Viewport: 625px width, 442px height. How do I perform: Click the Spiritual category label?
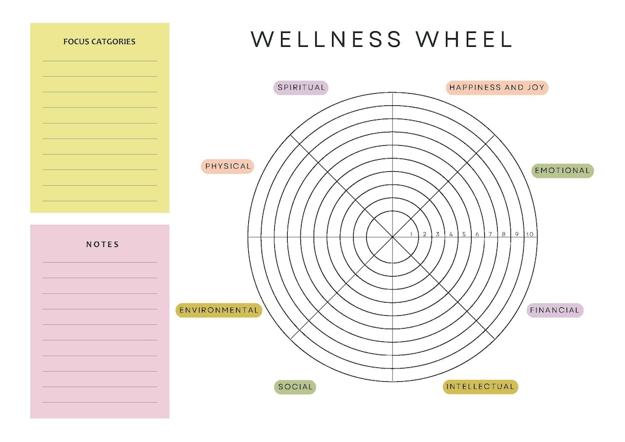[301, 88]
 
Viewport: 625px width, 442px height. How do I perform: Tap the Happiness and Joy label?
[497, 88]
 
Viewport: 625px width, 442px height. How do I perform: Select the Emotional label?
[562, 171]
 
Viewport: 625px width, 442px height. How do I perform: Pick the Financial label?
[555, 310]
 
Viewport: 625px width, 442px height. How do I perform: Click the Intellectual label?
[480, 386]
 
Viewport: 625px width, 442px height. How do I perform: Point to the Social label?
[295, 387]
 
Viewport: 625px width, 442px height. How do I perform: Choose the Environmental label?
[219, 310]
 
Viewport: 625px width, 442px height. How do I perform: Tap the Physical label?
[227, 166]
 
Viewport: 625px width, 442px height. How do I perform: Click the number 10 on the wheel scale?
[530, 234]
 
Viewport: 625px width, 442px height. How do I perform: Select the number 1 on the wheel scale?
[411, 234]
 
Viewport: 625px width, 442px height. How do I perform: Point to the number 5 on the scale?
[464, 234]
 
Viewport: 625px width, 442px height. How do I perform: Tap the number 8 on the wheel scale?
[503, 234]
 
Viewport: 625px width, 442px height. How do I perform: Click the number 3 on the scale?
[437, 234]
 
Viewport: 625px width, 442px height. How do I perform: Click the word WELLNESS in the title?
[326, 39]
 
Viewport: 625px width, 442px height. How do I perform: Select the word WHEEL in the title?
[464, 39]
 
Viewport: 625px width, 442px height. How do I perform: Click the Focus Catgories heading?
[100, 42]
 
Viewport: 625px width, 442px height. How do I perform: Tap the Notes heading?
[102, 244]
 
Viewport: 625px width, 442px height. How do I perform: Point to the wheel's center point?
[392, 237]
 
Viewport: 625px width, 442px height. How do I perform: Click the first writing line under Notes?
[100, 262]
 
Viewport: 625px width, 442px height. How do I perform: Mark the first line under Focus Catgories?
[100, 61]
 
